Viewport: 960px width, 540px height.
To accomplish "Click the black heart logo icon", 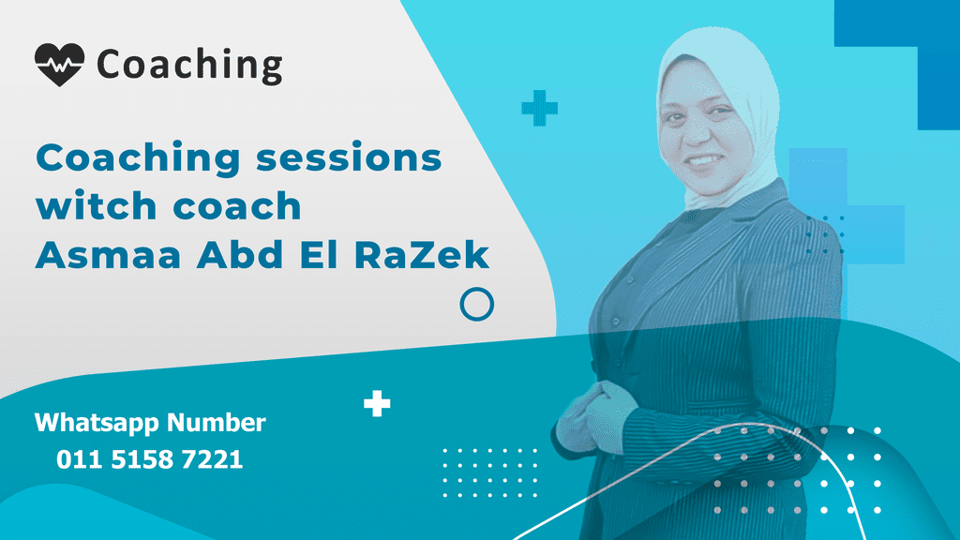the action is [x=59, y=65].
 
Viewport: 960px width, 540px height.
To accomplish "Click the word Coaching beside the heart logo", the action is [x=189, y=66].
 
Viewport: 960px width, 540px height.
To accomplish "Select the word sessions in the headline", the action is [x=349, y=157].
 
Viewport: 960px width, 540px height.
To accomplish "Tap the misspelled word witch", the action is [x=97, y=205].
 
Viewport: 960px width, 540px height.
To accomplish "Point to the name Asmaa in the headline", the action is [x=109, y=255].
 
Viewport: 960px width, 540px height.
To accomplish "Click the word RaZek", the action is [x=422, y=255].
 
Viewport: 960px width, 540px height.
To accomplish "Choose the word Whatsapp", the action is [x=97, y=424].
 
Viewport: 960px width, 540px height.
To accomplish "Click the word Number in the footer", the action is [x=217, y=423].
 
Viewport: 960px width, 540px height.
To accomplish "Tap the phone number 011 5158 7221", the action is [x=150, y=459].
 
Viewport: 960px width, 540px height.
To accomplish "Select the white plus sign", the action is [x=377, y=403].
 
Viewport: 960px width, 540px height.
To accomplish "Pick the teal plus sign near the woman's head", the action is [x=539, y=109].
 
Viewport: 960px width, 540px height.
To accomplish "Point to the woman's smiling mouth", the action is [x=703, y=161].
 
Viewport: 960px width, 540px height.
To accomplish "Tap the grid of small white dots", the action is [x=489, y=472].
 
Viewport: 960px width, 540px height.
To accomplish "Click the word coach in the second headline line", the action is [x=237, y=205].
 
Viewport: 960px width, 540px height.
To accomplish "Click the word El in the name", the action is [x=320, y=255].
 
